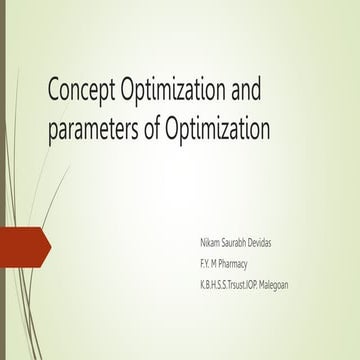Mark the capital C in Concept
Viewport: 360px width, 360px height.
[57, 93]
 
